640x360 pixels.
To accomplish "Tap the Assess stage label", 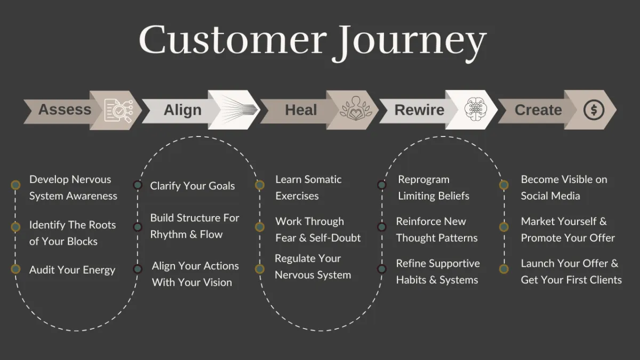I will coord(65,110).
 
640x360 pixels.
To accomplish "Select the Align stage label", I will coord(182,110).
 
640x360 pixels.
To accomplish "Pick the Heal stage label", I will coord(301,110).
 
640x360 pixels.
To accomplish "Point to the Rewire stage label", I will coord(419,110).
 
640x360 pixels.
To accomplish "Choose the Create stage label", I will coord(538,110).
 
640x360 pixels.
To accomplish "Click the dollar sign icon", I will coord(594,110).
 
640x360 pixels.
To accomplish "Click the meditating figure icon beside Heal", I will coord(355,109).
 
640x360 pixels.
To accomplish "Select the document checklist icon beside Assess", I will coord(118,110).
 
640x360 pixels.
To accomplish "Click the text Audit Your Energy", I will coord(72,270).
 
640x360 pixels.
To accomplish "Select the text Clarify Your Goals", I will coord(193,186).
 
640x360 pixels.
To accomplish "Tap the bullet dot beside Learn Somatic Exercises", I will coord(260,185).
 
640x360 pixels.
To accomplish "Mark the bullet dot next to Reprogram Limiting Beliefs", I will coord(382,185).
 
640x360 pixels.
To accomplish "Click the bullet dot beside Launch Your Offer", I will coord(504,269).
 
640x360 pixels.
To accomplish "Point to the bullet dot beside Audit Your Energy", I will coord(15,269).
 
